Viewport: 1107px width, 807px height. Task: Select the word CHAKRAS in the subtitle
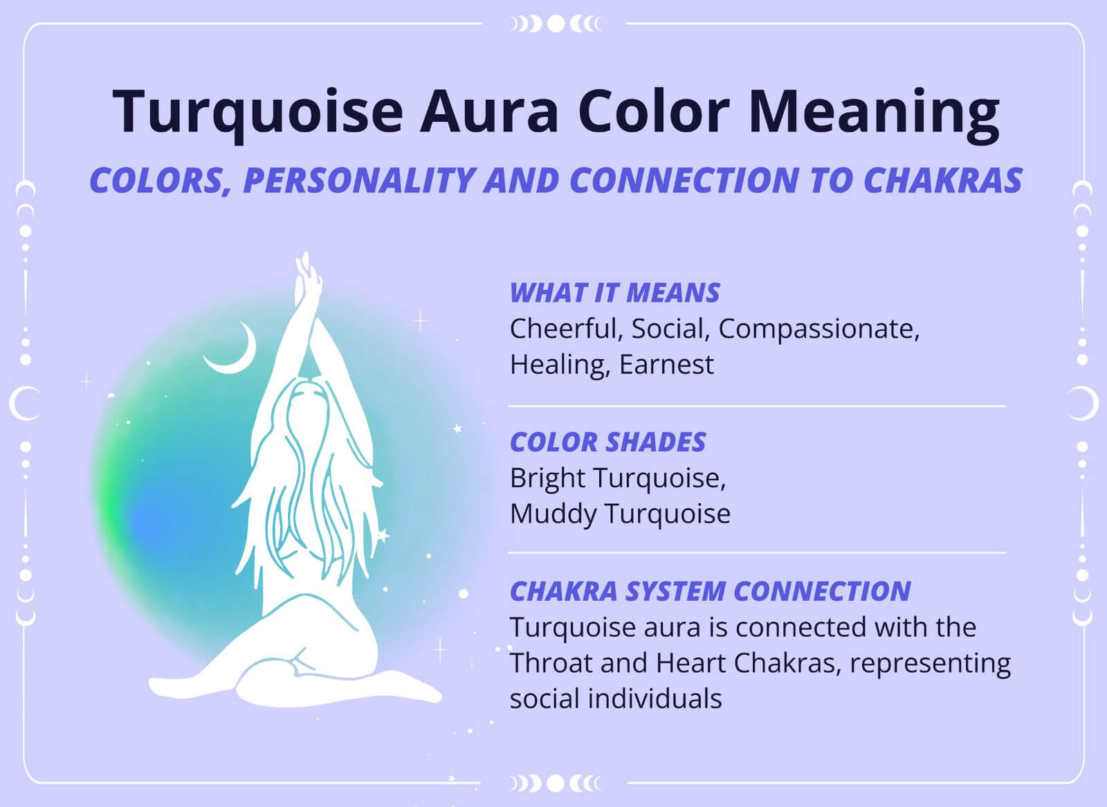[x=942, y=181]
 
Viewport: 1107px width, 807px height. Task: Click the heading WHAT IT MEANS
[x=614, y=293]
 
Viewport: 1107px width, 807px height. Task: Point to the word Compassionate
[x=818, y=329]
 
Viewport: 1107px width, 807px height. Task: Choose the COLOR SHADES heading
[x=607, y=442]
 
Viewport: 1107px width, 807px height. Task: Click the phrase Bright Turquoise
[x=617, y=478]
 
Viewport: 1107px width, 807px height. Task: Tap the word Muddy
[x=553, y=514]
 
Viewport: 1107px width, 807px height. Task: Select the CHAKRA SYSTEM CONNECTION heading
[x=710, y=591]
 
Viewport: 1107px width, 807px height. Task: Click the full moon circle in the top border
[x=556, y=24]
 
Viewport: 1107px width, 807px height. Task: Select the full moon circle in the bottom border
[x=556, y=783]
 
